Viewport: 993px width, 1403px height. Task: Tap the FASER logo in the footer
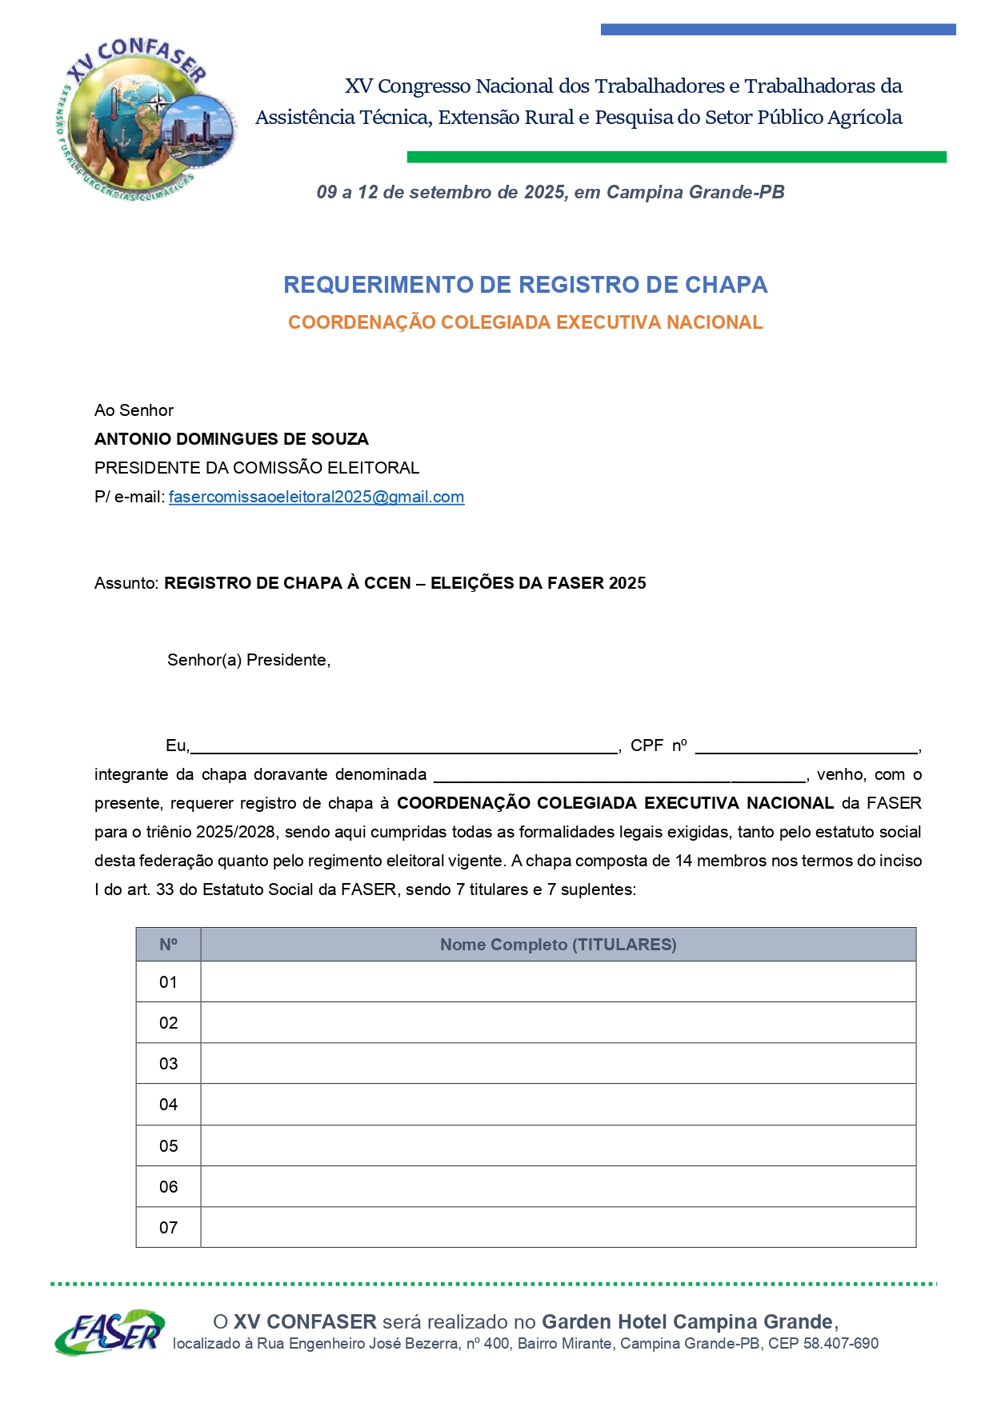(x=110, y=1332)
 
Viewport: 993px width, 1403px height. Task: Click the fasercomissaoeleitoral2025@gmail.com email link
(x=316, y=497)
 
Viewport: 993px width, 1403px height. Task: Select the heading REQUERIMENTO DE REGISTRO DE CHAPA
(x=525, y=285)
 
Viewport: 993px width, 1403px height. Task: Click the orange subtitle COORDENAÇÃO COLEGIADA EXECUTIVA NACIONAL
(x=525, y=322)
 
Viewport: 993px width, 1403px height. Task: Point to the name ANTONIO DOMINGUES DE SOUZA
(x=231, y=439)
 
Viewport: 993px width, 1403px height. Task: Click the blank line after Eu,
(x=404, y=746)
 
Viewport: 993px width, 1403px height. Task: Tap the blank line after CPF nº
(x=807, y=746)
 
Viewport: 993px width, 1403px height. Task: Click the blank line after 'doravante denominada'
(x=620, y=775)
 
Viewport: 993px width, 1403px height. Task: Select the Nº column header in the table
(x=168, y=945)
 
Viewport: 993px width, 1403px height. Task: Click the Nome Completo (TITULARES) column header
(x=558, y=945)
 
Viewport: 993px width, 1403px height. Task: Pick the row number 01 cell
(x=168, y=982)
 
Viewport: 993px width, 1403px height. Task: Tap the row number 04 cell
(x=168, y=1105)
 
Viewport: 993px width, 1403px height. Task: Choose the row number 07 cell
(x=168, y=1228)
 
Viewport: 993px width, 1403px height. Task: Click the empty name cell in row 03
(x=558, y=1064)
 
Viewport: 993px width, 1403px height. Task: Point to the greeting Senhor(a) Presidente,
(x=249, y=660)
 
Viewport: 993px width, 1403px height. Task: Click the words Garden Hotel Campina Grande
(x=687, y=1321)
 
